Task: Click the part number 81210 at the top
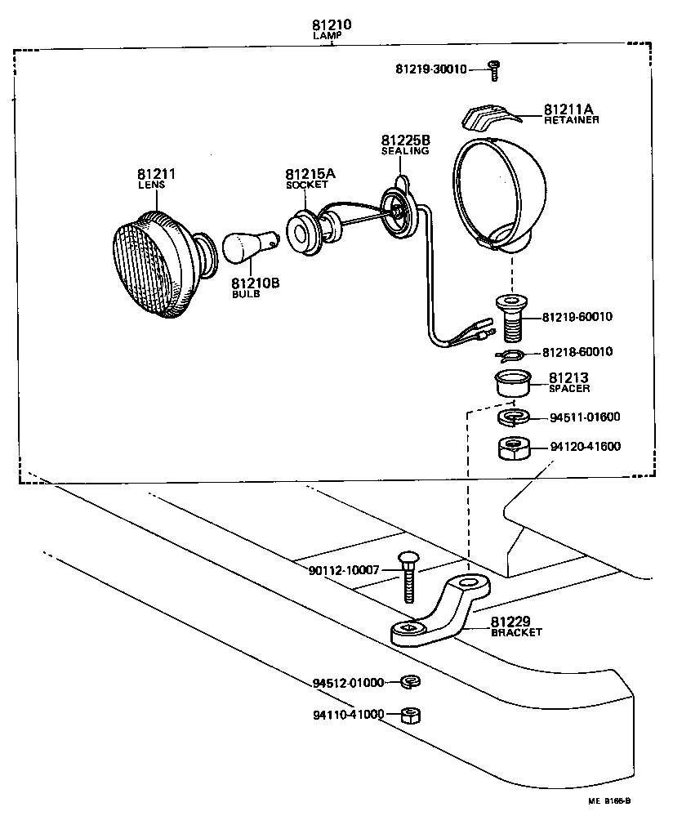(332, 25)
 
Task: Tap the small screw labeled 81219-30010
(493, 69)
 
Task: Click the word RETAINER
(571, 120)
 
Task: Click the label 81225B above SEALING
(404, 140)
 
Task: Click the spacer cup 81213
(512, 382)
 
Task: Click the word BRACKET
(515, 632)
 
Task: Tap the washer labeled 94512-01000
(410, 681)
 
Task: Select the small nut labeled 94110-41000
(411, 715)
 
